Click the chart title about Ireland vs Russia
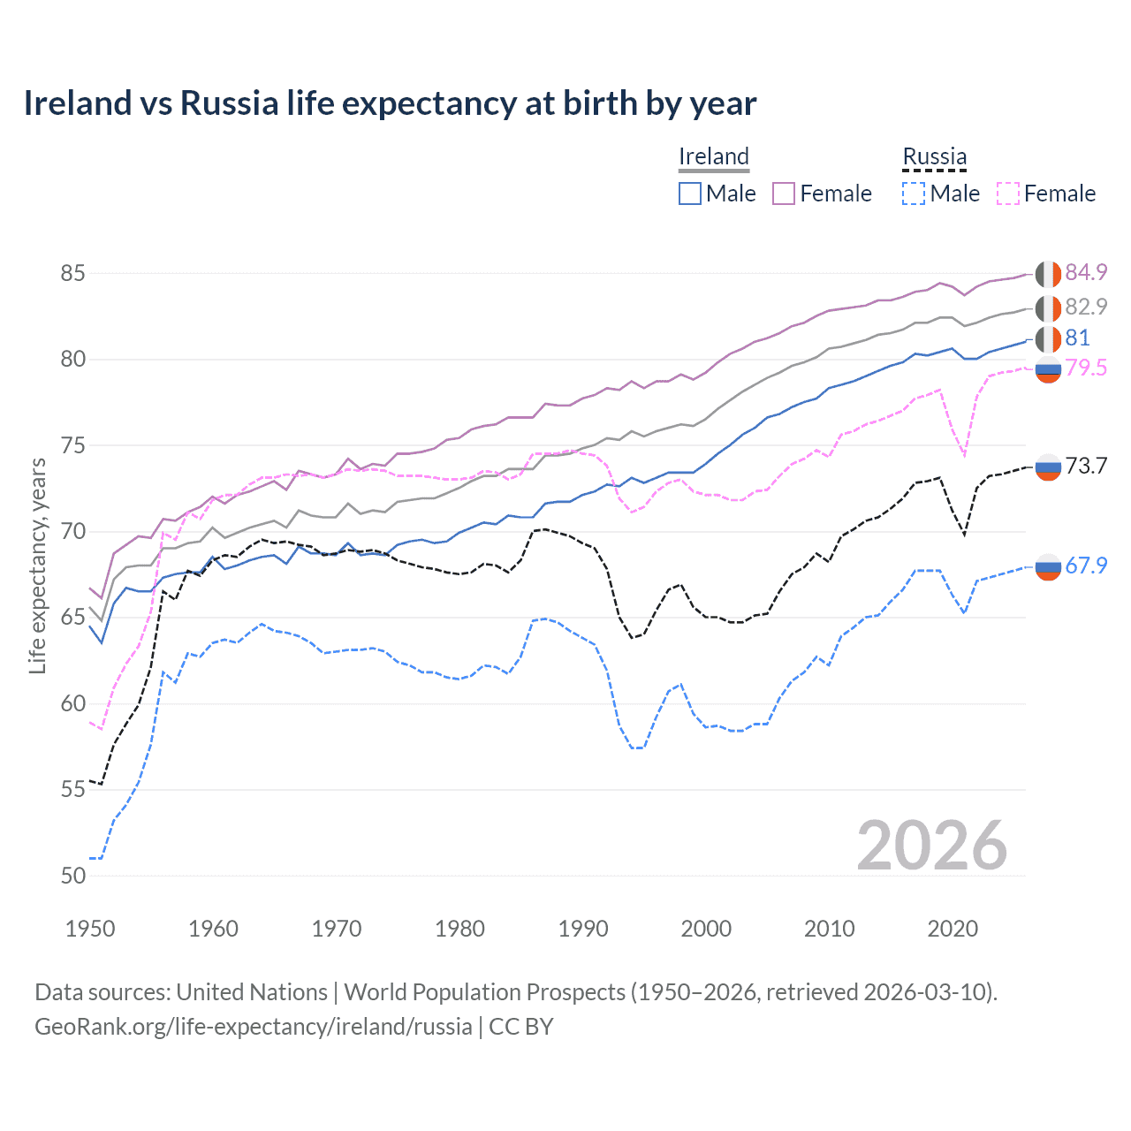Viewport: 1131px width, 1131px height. (390, 103)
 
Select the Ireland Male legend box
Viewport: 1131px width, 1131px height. (690, 194)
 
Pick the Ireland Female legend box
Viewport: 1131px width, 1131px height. (784, 194)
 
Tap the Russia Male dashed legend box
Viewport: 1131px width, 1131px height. (914, 194)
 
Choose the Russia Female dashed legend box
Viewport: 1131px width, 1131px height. (1007, 194)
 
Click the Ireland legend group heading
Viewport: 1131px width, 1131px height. (714, 156)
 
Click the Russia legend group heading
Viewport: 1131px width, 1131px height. (934, 156)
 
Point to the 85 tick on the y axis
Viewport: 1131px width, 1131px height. (72, 273)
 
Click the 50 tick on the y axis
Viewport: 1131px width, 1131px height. (72, 876)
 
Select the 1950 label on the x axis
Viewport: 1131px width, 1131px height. (90, 929)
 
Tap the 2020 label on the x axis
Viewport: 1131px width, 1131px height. (953, 929)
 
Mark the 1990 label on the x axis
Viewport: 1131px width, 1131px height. (583, 929)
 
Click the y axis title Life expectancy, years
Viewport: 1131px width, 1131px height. (37, 565)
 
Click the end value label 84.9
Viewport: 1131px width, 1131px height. (1086, 272)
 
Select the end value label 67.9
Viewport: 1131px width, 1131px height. (1086, 565)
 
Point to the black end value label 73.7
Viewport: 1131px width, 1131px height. (1086, 466)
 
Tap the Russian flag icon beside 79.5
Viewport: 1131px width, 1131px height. (1048, 370)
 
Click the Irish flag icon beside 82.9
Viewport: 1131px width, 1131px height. (1048, 307)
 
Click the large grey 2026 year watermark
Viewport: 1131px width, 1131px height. (932, 846)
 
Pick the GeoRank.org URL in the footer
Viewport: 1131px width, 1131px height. (253, 1027)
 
